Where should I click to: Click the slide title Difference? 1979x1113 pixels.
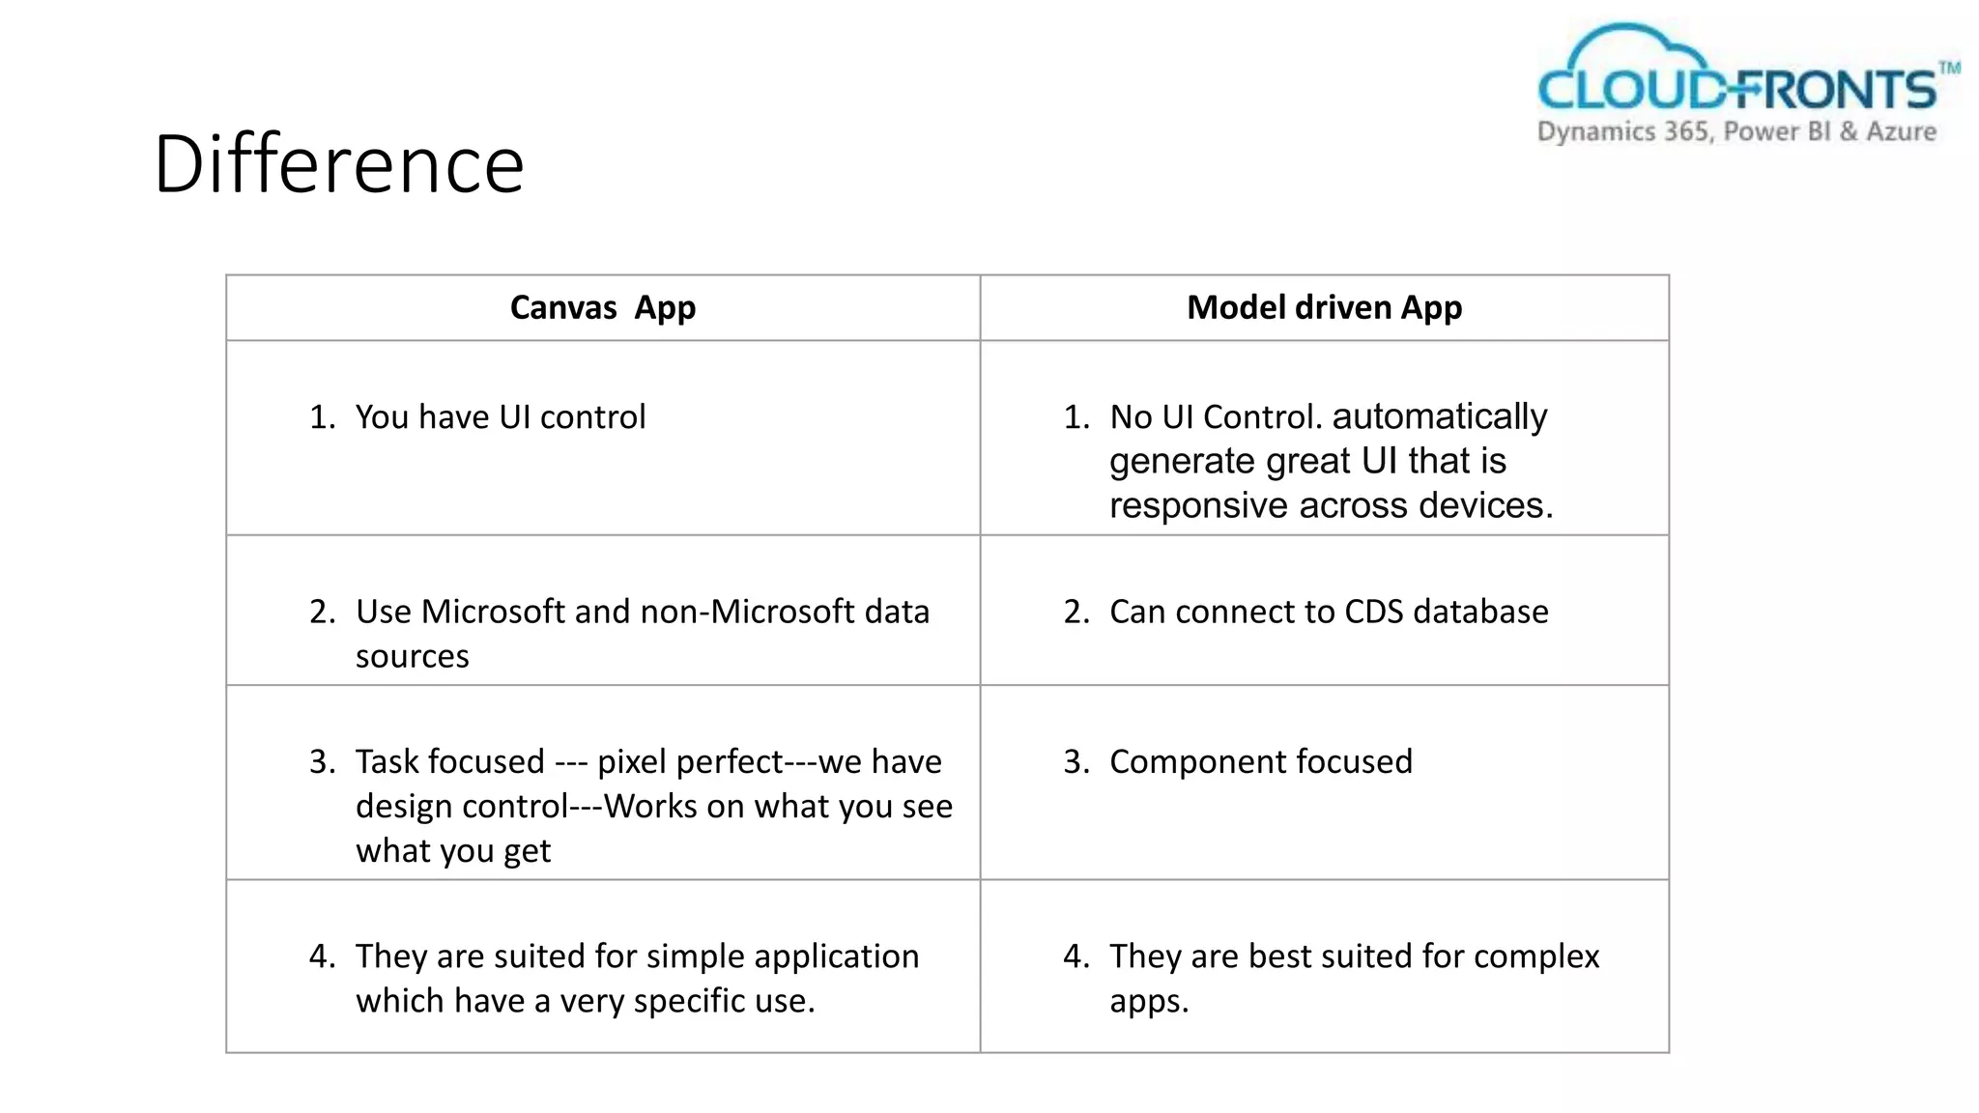(338, 164)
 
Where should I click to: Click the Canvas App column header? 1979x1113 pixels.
(602, 308)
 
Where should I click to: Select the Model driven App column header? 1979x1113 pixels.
(1324, 308)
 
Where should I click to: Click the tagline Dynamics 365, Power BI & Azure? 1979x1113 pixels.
(1736, 132)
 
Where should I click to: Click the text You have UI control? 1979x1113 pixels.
(500, 417)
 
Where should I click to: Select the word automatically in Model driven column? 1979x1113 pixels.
(1439, 417)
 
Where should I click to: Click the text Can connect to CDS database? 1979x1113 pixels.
(1329, 613)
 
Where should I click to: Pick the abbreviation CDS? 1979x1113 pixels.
(1373, 613)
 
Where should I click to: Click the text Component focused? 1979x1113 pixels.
(1260, 762)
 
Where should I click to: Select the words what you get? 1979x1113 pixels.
(452, 851)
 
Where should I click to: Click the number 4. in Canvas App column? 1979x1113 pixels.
(322, 956)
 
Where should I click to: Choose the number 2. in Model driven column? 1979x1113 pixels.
(1076, 613)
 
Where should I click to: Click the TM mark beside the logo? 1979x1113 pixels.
(1949, 68)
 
